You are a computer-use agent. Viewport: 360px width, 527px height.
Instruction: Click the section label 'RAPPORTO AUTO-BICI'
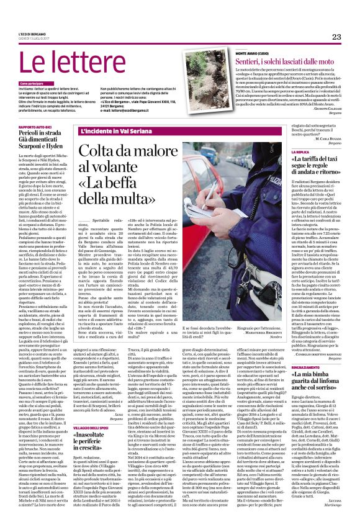pos(35,127)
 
